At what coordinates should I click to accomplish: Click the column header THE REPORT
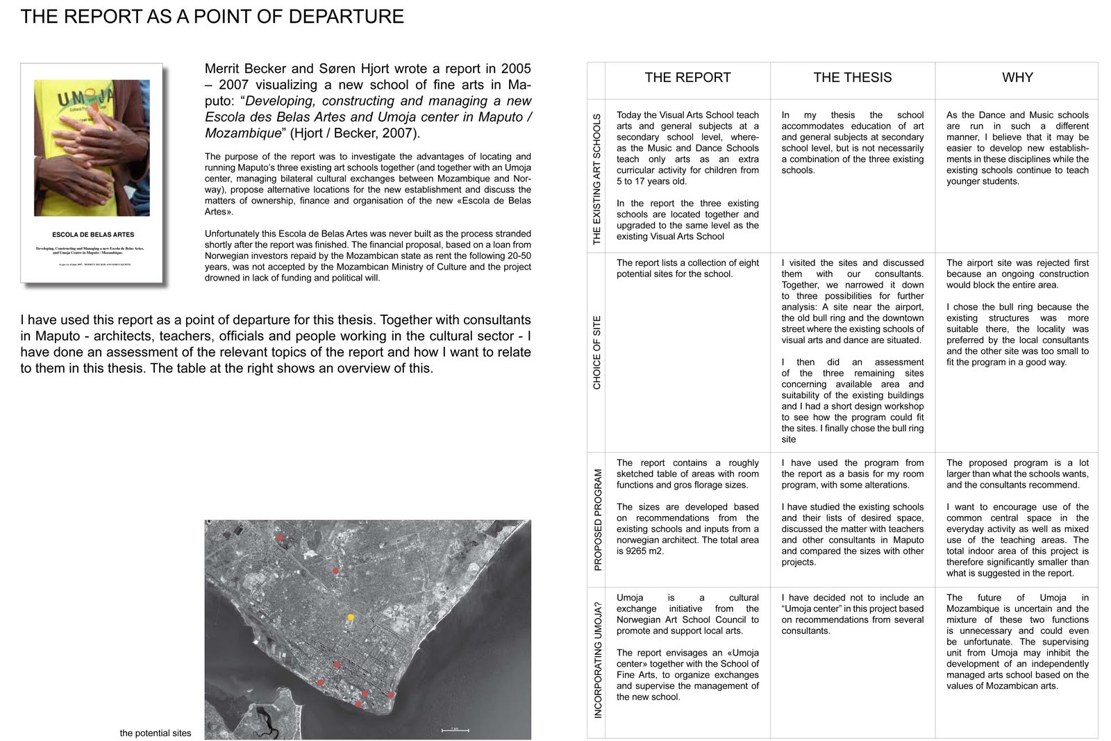687,78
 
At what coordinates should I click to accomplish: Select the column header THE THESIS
852,78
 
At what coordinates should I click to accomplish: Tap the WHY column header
1017,78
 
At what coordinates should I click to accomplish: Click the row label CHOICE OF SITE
597,353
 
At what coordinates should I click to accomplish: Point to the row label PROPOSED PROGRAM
597,520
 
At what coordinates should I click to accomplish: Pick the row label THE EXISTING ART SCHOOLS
597,179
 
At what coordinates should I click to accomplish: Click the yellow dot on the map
351,617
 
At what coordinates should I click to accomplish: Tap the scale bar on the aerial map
456,730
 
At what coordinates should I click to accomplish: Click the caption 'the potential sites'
155,733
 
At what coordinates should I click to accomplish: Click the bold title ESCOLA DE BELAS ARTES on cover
93,235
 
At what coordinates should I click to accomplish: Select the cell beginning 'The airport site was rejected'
1017,313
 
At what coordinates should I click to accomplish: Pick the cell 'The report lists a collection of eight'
687,269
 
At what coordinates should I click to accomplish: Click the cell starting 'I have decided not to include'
852,614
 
